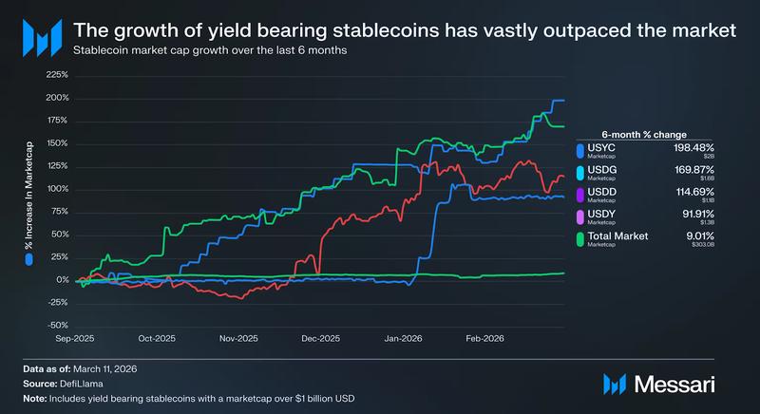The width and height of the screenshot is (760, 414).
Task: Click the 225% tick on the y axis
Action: click(x=57, y=74)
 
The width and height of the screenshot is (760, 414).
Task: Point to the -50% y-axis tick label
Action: click(x=57, y=326)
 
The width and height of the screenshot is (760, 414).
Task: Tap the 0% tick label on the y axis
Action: click(x=63, y=280)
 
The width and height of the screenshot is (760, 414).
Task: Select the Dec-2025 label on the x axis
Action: click(x=320, y=338)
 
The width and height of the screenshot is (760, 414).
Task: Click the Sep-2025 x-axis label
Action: click(x=75, y=338)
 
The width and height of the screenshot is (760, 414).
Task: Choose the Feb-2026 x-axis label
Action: click(x=484, y=338)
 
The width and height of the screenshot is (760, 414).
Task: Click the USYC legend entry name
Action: click(x=602, y=148)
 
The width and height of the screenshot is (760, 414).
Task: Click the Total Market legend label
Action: click(x=618, y=236)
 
